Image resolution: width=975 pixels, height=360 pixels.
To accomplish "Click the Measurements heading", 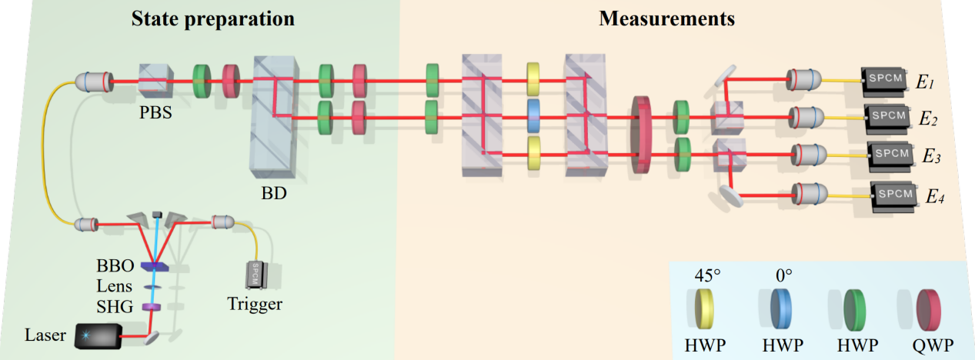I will tap(666, 18).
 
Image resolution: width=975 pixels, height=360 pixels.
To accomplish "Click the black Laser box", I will tap(99, 335).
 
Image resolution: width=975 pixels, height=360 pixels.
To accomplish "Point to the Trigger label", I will tap(255, 304).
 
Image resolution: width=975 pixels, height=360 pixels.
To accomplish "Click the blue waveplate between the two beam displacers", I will tap(533, 116).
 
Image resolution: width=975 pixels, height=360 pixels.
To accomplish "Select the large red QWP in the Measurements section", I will tap(641, 134).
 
